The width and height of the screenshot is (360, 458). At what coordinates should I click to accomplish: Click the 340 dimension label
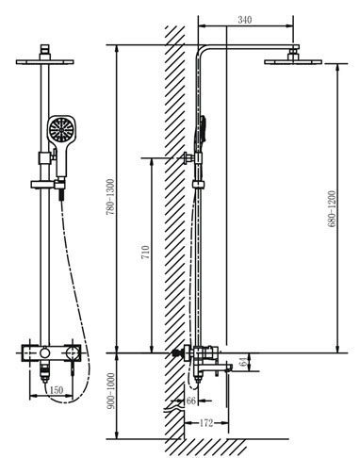(245, 20)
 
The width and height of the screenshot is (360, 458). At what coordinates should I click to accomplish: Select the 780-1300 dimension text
(110, 197)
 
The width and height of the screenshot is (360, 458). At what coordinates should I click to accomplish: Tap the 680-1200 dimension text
(332, 208)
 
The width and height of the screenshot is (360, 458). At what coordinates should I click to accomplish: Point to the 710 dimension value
(145, 253)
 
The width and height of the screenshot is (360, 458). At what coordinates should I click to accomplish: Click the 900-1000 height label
(110, 391)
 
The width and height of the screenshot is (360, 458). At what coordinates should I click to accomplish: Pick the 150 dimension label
(57, 390)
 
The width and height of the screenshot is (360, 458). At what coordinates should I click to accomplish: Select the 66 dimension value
(190, 401)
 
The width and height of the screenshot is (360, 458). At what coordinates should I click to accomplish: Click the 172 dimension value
(206, 423)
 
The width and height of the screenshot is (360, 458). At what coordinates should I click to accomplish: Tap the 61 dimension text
(243, 362)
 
